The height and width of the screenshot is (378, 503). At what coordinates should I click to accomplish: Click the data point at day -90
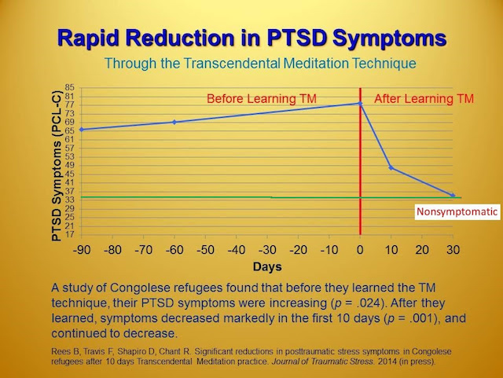[82, 130]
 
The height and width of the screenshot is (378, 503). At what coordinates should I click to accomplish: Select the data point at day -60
[174, 122]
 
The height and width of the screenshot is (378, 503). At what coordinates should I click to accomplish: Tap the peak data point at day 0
[360, 103]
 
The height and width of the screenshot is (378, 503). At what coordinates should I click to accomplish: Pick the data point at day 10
[391, 168]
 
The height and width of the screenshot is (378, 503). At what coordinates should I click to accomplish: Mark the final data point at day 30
[453, 195]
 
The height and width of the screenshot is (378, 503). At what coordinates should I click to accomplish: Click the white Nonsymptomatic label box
[457, 211]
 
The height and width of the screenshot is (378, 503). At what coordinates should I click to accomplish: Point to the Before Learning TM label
[262, 98]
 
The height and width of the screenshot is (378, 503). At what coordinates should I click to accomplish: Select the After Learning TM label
[424, 98]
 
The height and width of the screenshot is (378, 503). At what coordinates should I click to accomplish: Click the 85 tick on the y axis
[70, 87]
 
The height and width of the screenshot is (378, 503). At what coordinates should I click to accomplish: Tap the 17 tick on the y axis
[70, 234]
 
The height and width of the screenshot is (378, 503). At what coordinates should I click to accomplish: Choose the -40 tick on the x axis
[237, 250]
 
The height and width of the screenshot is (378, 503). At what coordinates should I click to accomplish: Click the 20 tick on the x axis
[422, 250]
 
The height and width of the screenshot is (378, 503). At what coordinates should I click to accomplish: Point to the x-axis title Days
[267, 266]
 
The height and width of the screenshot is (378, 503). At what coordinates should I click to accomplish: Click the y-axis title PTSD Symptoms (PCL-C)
[57, 166]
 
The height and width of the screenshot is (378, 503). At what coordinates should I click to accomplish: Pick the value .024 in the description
[369, 303]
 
